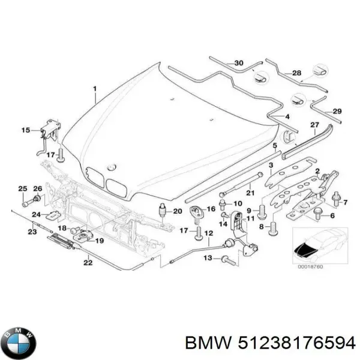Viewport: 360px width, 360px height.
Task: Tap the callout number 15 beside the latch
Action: [x=25, y=130]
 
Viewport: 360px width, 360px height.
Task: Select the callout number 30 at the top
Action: [x=239, y=63]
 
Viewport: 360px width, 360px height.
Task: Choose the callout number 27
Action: [x=314, y=125]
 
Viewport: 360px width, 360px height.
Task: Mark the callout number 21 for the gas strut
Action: [x=251, y=192]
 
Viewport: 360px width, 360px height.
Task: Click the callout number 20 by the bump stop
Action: [x=177, y=211]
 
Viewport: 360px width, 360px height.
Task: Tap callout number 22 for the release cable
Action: [x=88, y=262]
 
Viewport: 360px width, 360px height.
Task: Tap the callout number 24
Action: [x=36, y=215]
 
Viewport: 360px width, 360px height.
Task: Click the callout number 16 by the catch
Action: [x=210, y=208]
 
